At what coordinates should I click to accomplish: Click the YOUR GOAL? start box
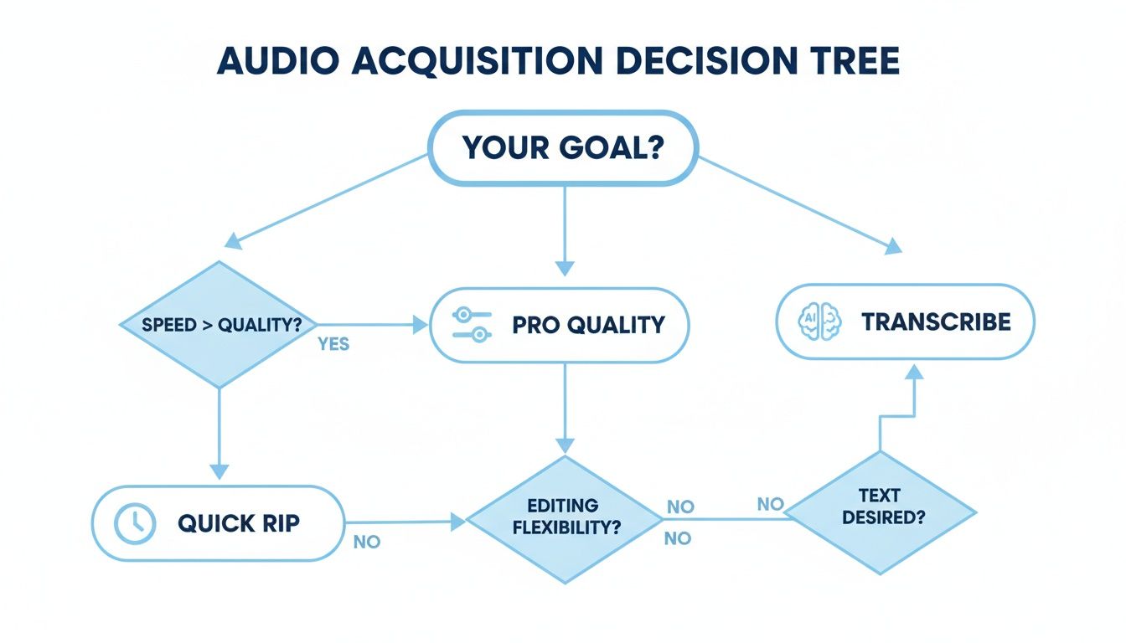(563, 148)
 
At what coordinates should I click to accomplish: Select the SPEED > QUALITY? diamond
(220, 325)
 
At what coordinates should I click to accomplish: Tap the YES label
(333, 344)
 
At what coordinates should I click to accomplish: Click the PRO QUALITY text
(588, 325)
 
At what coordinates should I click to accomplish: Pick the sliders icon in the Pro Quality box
(470, 325)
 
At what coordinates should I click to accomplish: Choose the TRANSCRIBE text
(936, 322)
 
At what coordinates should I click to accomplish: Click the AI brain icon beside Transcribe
(819, 322)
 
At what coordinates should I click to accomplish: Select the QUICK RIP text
(238, 524)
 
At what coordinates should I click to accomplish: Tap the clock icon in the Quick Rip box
(133, 524)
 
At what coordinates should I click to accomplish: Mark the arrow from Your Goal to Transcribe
(796, 204)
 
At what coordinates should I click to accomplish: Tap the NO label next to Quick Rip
(367, 542)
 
